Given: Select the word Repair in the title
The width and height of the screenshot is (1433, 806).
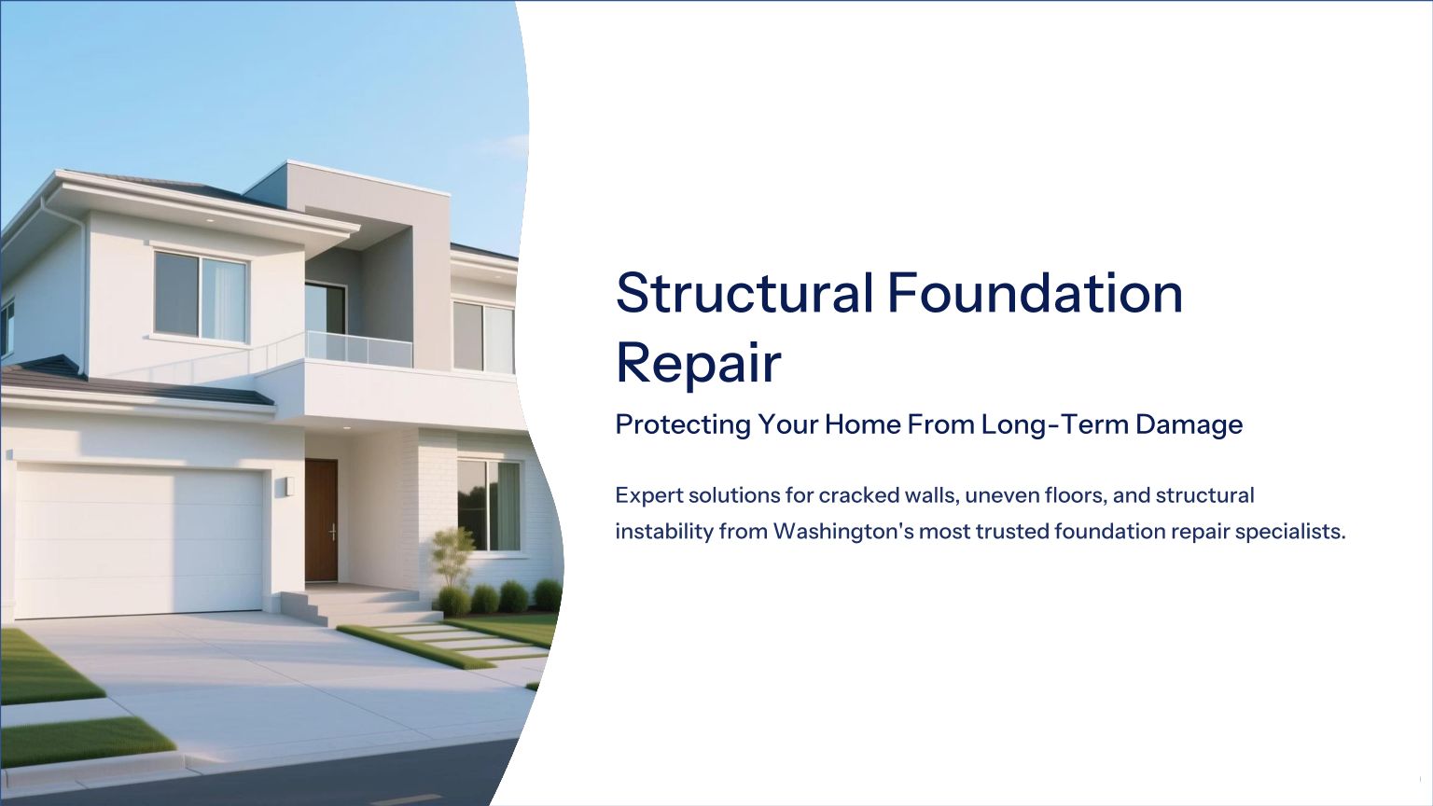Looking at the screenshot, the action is (699, 364).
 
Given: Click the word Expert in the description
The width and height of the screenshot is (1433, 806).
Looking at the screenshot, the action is (648, 495).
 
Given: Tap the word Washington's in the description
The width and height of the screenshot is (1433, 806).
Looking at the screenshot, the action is (843, 533).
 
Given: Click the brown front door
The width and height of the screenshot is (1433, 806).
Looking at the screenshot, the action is (321, 520).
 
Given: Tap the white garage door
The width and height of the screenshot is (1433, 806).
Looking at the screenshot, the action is (139, 541).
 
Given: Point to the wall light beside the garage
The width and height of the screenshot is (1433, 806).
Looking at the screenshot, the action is (285, 487).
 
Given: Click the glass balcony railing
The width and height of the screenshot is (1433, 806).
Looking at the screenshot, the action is (359, 349).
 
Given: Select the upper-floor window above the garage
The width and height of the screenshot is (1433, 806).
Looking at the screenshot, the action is (201, 296).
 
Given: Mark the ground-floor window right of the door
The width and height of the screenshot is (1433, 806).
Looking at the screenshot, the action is (489, 506).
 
